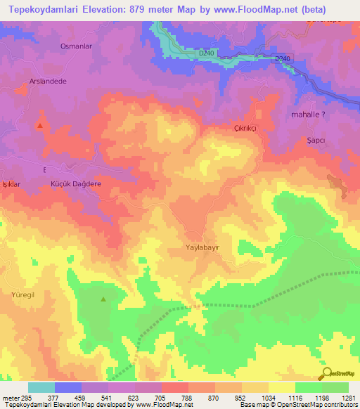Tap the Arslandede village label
48,81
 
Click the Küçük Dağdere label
77,183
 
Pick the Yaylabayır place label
207,248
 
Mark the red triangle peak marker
40,126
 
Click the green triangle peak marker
103,299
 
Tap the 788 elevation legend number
188,397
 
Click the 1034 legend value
269,397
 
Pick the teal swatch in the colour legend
41,387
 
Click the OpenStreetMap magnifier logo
326,373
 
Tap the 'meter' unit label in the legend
9,397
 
